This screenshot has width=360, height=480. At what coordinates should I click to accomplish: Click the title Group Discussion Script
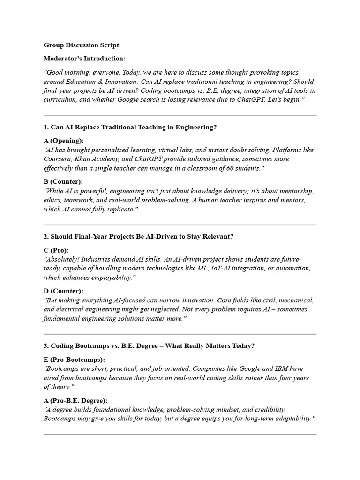click(81, 45)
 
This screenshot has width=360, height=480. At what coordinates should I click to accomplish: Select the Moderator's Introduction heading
click(84, 59)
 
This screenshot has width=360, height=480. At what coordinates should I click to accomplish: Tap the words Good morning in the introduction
click(66, 73)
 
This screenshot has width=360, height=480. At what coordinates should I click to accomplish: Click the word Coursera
click(58, 159)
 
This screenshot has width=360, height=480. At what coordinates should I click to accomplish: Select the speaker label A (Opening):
click(64, 141)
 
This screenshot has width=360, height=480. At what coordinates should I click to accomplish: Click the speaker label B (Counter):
click(63, 181)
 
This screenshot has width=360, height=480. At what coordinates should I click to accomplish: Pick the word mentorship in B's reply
click(296, 191)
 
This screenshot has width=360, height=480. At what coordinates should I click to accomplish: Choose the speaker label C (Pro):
click(56, 250)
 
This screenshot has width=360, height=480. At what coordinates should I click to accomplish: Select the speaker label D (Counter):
click(63, 291)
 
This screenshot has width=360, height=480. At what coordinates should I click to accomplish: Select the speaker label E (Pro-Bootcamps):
click(74, 360)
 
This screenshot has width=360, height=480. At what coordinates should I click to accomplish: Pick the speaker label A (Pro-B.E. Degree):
click(75, 400)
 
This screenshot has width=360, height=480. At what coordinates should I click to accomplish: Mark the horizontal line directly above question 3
click(180, 334)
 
